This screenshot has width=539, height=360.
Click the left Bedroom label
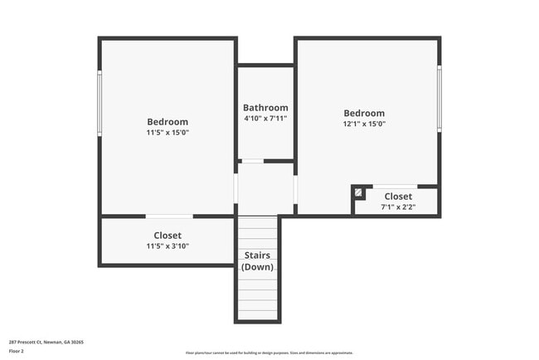point(168,122)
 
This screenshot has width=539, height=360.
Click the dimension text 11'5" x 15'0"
point(168,132)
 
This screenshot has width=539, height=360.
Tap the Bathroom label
point(265,108)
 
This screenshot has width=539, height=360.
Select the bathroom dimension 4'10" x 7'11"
point(265,118)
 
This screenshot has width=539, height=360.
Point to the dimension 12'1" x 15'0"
point(365,124)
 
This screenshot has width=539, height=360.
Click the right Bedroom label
point(365,114)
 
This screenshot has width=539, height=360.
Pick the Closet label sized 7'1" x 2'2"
point(398,196)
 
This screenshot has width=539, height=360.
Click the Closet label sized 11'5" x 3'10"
point(168,236)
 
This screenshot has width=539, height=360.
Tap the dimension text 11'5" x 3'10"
point(168,246)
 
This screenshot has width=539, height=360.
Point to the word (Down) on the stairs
point(257,267)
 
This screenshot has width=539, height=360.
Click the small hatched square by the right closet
point(358,192)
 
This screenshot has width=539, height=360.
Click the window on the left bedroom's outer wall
point(100,103)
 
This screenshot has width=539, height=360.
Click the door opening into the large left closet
point(169,216)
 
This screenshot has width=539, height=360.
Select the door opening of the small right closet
point(395,186)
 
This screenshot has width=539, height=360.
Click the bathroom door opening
point(251,161)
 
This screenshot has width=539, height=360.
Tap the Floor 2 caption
point(17,352)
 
